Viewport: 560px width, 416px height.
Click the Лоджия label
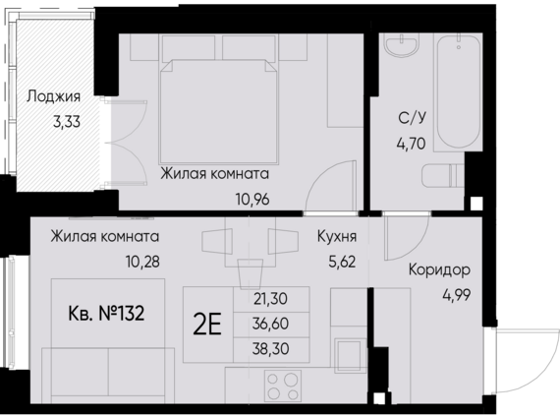pyautogui.click(x=53, y=97)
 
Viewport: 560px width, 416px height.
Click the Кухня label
pyautogui.click(x=337, y=237)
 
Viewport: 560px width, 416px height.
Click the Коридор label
pyautogui.click(x=437, y=269)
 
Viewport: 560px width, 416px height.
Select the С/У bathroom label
pyautogui.click(x=411, y=119)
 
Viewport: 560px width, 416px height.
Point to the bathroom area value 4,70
pyautogui.click(x=411, y=142)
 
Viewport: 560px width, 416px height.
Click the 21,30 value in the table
pyautogui.click(x=270, y=298)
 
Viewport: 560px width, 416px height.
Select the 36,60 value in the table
pyautogui.click(x=270, y=324)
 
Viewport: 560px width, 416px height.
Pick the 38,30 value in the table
pyautogui.click(x=270, y=348)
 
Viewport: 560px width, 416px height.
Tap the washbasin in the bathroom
pyautogui.click(x=403, y=49)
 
